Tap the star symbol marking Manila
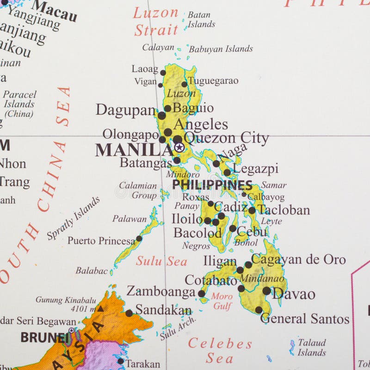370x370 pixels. [x=179, y=148]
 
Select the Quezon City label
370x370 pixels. [x=226, y=138]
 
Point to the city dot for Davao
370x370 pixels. [x=266, y=291]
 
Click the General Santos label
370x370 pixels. [x=305, y=319]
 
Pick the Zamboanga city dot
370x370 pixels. [x=202, y=293]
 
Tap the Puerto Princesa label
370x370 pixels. [x=101, y=240]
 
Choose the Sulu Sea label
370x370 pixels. [x=161, y=261]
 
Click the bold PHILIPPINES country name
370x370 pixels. [x=212, y=185]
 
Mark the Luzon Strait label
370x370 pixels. [x=156, y=22]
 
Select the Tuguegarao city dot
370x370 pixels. [x=184, y=84]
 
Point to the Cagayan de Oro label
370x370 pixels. [x=298, y=259]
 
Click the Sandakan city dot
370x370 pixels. [x=129, y=313]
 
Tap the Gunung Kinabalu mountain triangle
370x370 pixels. [x=100, y=308]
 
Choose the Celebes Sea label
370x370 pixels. [x=220, y=350]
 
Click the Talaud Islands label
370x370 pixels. [x=311, y=347]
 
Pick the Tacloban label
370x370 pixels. [x=284, y=210]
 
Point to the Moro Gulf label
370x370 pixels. [x=222, y=301]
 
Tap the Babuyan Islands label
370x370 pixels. [x=221, y=49]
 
